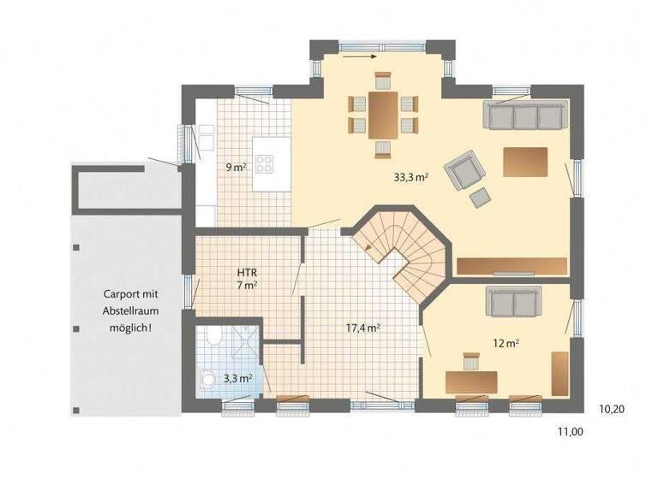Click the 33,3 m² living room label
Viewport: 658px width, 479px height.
click(x=410, y=178)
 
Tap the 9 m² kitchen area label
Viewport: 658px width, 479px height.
click(x=236, y=168)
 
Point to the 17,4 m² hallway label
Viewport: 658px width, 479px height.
click(x=362, y=328)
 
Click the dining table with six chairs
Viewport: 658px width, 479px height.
click(x=382, y=114)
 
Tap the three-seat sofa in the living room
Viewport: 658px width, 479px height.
click(x=524, y=115)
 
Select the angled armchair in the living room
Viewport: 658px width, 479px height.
click(x=464, y=169)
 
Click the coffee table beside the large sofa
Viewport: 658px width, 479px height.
click(x=525, y=162)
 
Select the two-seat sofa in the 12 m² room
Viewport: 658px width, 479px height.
click(x=513, y=300)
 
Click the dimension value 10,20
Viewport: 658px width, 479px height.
click(x=611, y=410)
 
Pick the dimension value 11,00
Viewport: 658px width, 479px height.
click(x=570, y=433)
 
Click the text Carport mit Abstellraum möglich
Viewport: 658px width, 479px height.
click(x=126, y=310)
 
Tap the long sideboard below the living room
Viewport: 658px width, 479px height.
click(x=511, y=266)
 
